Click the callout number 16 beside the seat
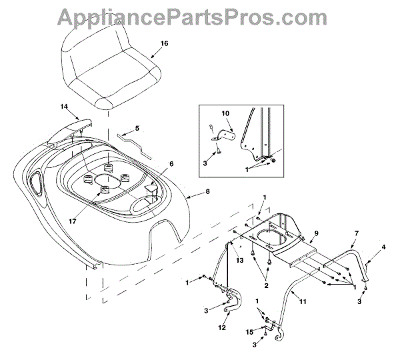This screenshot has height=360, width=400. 165,43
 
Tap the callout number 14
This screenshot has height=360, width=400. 64,107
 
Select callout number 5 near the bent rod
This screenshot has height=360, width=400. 137,128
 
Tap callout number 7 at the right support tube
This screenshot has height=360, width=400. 357,233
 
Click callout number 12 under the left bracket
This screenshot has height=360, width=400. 221,327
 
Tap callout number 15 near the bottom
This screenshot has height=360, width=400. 250,335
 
